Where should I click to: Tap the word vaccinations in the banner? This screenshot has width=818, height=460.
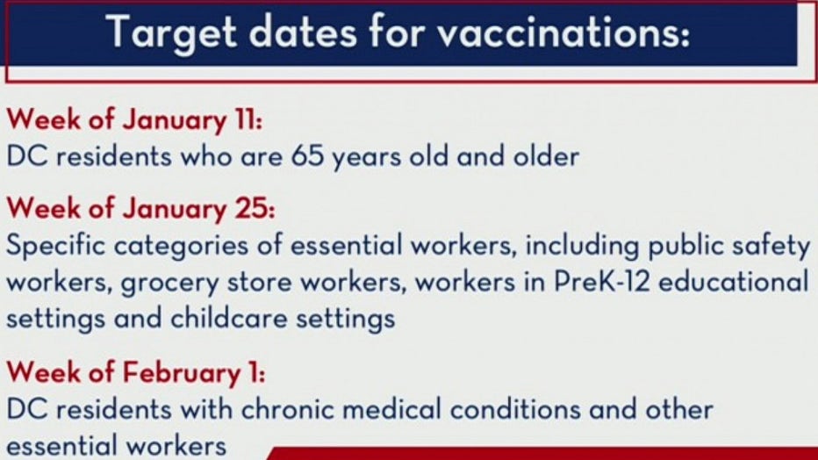click(x=563, y=32)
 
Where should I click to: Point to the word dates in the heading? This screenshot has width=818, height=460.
click(x=303, y=32)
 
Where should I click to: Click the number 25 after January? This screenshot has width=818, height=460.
click(x=253, y=208)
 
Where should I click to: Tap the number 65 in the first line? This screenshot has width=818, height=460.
click(x=308, y=155)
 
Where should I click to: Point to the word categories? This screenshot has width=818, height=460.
click(x=181, y=246)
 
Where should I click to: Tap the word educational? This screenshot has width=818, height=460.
click(x=734, y=282)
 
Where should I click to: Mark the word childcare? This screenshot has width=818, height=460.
click(x=228, y=318)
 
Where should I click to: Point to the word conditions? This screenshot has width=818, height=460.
click(x=515, y=409)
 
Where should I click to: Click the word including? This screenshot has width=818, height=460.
click(x=582, y=246)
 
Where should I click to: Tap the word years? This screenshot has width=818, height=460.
click(x=367, y=156)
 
